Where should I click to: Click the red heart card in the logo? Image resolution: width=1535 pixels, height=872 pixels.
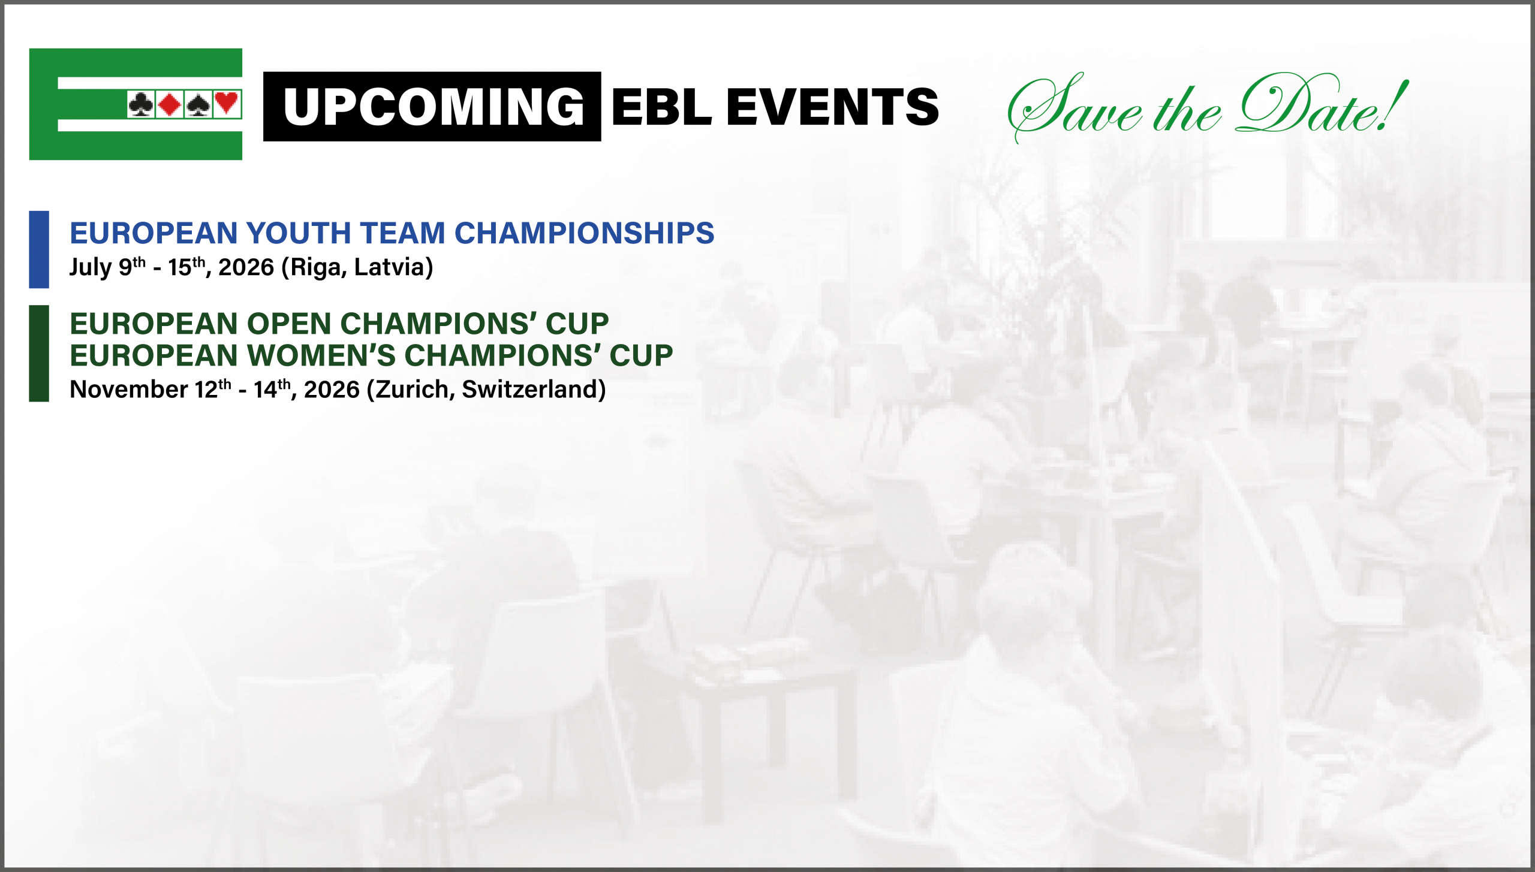(227, 104)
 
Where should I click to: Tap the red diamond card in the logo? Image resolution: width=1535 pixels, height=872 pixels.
(170, 104)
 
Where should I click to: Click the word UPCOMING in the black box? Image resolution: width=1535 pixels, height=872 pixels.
(434, 107)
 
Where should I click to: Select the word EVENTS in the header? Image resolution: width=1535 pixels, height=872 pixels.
(833, 107)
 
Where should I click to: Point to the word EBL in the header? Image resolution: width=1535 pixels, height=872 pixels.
(662, 107)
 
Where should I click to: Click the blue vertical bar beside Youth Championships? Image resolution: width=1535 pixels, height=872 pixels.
(39, 249)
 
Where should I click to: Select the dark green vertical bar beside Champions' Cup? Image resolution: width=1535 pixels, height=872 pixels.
(39, 353)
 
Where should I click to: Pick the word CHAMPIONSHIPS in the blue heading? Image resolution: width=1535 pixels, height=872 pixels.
(585, 233)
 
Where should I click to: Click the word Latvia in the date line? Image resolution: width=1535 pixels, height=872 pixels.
(389, 267)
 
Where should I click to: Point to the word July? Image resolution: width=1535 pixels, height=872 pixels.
(91, 267)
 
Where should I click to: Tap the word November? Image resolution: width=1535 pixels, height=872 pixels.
(129, 390)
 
